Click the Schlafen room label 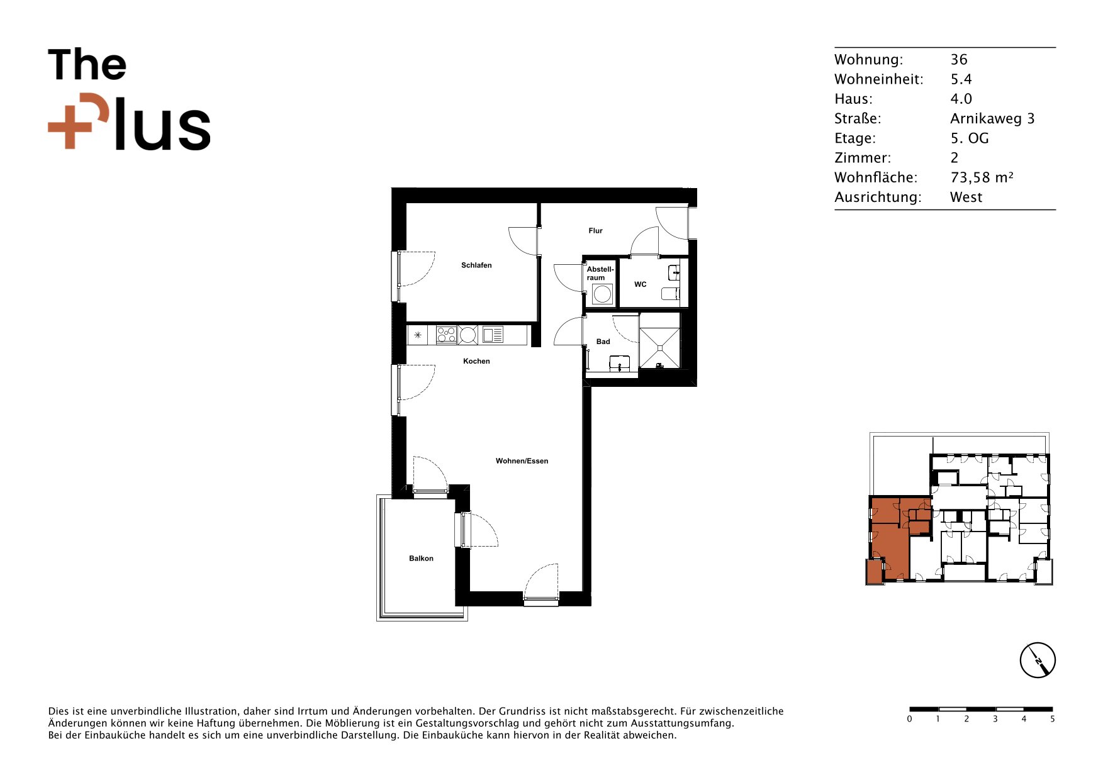tap(476, 265)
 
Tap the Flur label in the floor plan tap(595, 231)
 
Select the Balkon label tap(421, 559)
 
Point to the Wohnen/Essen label tap(522, 461)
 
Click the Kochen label tap(476, 361)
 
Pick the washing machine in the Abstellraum tap(602, 294)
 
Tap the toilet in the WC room tap(671, 293)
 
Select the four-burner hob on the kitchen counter tap(446, 335)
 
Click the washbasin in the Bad tap(620, 364)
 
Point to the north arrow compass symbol tap(1038, 660)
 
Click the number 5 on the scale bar tap(1052, 719)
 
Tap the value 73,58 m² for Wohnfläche tap(982, 178)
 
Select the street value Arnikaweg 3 tap(992, 119)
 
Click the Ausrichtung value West tap(966, 198)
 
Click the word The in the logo tap(87, 65)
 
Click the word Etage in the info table tap(854, 139)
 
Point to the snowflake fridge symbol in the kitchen tap(418, 335)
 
